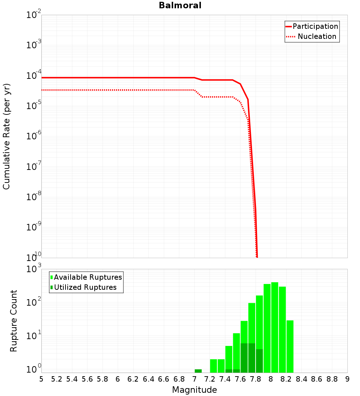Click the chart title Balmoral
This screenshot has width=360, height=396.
pyautogui.click(x=180, y=5)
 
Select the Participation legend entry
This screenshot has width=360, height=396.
pyautogui.click(x=315, y=26)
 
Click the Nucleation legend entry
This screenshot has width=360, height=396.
pyautogui.click(x=317, y=36)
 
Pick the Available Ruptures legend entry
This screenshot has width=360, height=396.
pyautogui.click(x=88, y=277)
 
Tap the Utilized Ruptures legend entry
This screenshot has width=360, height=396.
pyautogui.click(x=85, y=287)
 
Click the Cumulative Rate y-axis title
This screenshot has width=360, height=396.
pyautogui.click(x=6, y=136)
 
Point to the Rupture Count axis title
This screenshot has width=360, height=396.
pyautogui.click(x=14, y=321)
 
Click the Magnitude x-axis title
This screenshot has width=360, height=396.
pyautogui.click(x=194, y=390)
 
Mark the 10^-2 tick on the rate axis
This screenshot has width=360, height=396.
pyautogui.click(x=34, y=15)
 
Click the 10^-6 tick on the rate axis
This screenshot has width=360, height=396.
pyautogui.click(x=34, y=136)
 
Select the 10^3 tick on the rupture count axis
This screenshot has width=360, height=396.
pyautogui.click(x=34, y=269)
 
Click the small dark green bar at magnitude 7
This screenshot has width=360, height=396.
pyautogui.click(x=198, y=371)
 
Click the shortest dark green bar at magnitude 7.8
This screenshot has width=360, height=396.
pyautogui.click(x=259, y=361)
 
